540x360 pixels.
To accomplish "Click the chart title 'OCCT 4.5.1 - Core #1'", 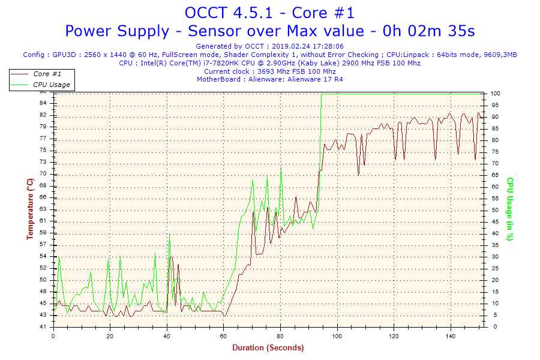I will coord(269,13).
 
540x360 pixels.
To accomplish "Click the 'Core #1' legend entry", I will coord(47,74).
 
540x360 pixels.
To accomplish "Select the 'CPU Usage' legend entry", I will coord(52,85).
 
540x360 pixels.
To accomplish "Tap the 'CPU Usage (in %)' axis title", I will coord(509,209).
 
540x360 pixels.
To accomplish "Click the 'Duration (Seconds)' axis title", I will coord(268,347).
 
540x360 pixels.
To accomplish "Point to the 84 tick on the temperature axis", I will coord(43,103).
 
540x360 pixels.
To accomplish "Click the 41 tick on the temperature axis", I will coord(43,327).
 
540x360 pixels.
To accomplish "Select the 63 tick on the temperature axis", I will coord(43,209).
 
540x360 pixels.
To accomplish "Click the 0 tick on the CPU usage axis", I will coord(493,327).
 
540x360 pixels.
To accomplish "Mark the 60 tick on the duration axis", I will coord(224,336).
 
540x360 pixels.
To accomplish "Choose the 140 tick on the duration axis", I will coord(450,336).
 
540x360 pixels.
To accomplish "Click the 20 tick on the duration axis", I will coord(110,336).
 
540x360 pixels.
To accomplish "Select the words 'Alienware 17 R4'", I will coord(316,79).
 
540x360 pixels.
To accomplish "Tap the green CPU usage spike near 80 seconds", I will coord(281,169).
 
